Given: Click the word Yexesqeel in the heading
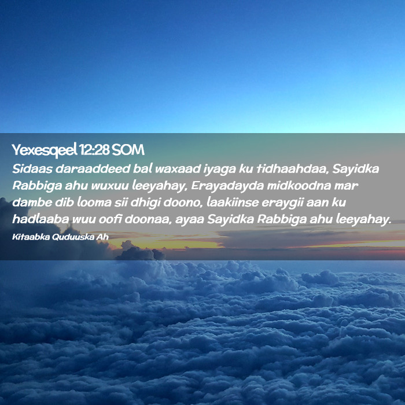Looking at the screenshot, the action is (45, 150).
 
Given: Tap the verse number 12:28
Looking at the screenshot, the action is (94, 149).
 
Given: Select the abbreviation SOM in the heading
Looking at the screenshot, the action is (128, 149).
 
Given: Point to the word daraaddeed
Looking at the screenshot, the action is (93, 169).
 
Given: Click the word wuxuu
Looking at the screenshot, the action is (110, 186).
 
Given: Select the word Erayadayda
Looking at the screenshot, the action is (227, 186).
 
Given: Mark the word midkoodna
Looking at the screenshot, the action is (299, 186).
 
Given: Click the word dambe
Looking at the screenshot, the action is (32, 203).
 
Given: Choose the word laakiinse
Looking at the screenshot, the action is (233, 203).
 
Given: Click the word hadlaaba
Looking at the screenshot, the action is (41, 219).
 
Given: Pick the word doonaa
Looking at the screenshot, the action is (148, 219).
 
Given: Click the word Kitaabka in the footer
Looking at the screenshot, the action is (31, 237).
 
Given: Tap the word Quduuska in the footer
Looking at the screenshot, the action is (73, 237).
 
